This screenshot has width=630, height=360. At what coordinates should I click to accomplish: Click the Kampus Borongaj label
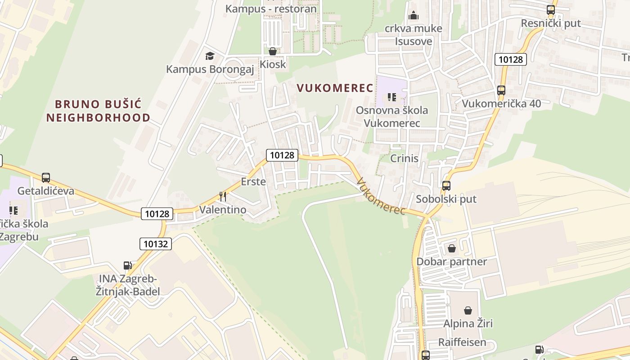coord(210,69)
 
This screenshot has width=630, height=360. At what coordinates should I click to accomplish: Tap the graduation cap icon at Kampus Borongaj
coord(210,56)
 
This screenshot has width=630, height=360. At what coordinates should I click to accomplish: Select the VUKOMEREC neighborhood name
coord(335,88)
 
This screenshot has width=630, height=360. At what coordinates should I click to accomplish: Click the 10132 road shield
coord(156,244)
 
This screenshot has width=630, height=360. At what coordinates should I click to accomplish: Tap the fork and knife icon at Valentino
coord(223,196)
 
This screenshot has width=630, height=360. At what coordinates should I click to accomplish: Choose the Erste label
coord(253,182)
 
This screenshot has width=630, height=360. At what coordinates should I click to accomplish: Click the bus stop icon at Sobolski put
coord(446,186)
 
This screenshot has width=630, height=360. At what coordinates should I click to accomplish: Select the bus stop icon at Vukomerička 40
coord(501,90)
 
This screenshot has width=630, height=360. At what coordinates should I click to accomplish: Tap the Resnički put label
coord(551,23)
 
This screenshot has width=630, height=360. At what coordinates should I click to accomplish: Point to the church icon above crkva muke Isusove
coord(413,16)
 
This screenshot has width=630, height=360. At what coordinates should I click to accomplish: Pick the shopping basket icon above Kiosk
coord(272,51)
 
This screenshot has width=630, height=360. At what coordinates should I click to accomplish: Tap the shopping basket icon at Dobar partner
coord(451,248)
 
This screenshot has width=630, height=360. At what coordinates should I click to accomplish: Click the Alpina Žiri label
coord(468,324)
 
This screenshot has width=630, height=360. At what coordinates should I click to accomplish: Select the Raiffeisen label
coord(462,342)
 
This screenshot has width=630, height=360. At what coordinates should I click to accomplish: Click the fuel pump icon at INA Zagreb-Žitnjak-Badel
coord(128,265)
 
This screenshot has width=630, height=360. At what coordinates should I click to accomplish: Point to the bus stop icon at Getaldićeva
coord(45,178)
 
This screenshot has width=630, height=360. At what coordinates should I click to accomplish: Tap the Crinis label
coord(404,158)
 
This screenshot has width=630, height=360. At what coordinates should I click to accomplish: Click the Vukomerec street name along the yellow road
coord(381,197)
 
